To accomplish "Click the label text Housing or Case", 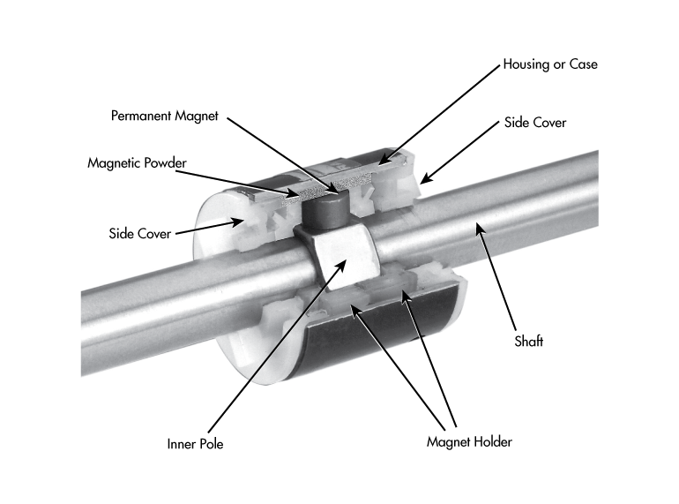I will (x=549, y=64).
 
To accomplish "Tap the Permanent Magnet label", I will (x=164, y=116).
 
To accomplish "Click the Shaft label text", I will (x=529, y=342).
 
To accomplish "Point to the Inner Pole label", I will (x=195, y=444).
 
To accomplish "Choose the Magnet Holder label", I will (x=469, y=441).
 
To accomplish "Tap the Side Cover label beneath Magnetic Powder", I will (x=139, y=234).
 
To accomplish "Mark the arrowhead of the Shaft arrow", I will (x=480, y=232).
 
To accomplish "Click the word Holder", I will (x=492, y=441).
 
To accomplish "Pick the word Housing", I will (x=527, y=64).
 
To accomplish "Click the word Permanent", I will (x=141, y=116).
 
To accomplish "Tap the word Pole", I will (x=211, y=444).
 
